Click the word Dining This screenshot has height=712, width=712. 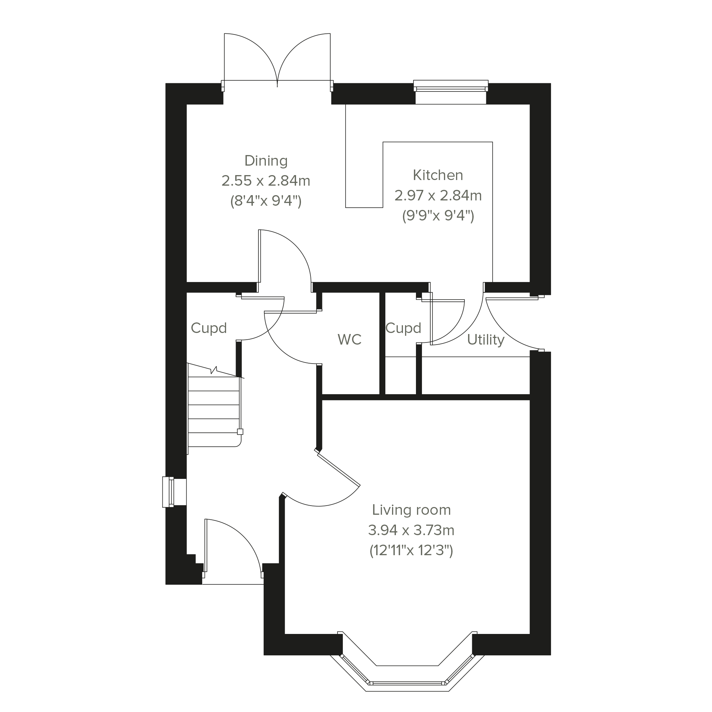pos(266,161)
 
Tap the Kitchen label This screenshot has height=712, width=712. pos(438,175)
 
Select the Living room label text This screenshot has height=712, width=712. pos(411,510)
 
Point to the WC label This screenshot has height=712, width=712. pos(349,339)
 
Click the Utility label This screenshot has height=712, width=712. pos(486,340)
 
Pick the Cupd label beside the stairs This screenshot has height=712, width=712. pos(209,328)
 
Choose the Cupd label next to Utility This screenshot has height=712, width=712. pos(403,328)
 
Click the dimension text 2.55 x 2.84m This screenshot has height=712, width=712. pos(266,181)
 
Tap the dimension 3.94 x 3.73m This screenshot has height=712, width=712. pos(411,530)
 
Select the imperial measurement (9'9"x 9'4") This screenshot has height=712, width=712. pos(438,215)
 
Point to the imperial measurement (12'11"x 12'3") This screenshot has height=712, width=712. pos(411,551)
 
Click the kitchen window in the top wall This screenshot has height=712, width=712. pos(451,89)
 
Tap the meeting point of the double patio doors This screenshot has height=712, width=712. pos(277,81)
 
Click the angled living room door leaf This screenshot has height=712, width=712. pos(338,469)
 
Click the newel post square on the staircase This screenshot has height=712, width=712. pos(240,432)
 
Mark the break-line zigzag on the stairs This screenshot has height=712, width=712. pos(214,370)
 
